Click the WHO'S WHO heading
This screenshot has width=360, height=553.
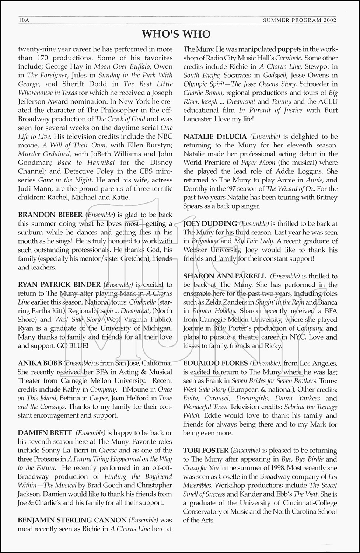pos(176,34)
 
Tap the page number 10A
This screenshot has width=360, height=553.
pos(24,21)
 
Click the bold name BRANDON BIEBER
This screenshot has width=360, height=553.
pos(50,215)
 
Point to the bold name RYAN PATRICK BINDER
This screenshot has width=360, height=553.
pos(59,285)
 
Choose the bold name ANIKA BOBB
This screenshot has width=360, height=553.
pos(40,363)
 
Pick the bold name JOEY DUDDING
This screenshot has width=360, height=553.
pos(210,223)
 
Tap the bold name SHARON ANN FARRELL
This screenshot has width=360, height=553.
pos(224,276)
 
